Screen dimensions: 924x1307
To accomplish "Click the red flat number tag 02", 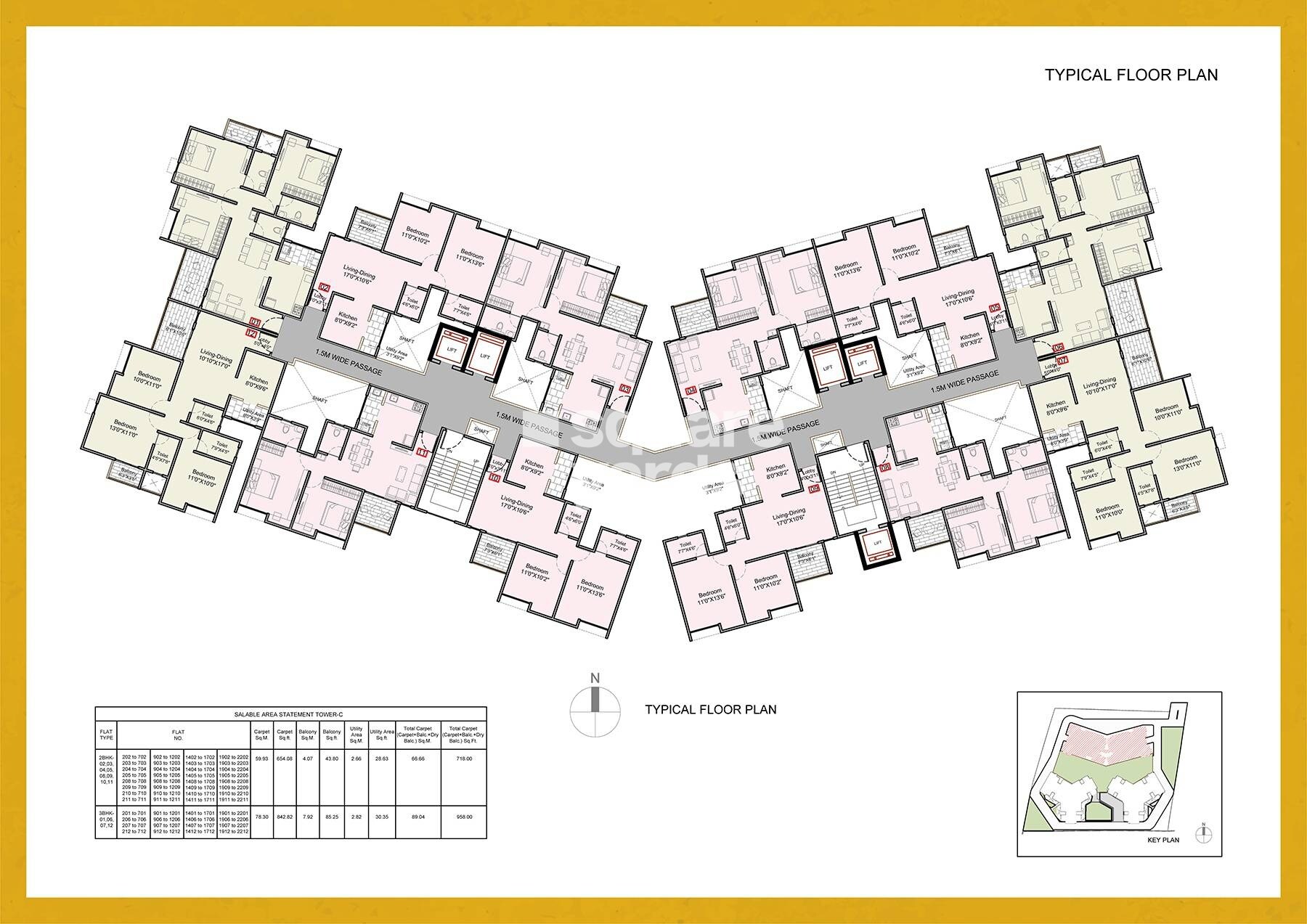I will (325, 288).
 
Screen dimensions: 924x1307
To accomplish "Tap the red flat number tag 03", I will (625, 388).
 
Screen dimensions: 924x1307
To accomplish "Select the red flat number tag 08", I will (886, 468).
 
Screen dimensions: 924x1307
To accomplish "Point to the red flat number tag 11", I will (423, 451).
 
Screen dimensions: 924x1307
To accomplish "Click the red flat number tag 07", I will (1063, 359).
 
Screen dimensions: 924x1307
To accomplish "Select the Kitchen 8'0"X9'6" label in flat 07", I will (1056, 407).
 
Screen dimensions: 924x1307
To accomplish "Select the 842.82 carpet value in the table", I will (285, 817).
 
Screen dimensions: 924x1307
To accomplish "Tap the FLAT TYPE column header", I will (106, 733).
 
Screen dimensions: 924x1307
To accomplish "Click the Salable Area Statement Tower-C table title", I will (290, 714).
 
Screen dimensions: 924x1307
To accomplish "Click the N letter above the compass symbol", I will (595, 679).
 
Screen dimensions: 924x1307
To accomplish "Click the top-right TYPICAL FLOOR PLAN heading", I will (1131, 74).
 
